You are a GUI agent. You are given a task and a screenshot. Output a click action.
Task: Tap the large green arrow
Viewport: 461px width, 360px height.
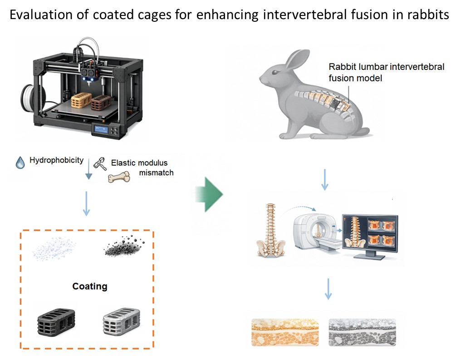click(x=209, y=194)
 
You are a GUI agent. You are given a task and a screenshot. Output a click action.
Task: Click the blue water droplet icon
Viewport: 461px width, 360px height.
click(x=20, y=163)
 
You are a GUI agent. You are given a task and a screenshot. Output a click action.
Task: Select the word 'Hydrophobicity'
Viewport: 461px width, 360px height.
click(x=56, y=160)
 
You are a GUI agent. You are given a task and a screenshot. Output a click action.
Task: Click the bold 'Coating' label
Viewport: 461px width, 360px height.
click(x=90, y=286)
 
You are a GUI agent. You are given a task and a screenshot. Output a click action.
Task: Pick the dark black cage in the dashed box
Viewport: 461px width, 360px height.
click(x=56, y=322)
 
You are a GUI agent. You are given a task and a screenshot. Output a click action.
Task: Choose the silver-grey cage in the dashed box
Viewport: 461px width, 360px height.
click(x=122, y=321)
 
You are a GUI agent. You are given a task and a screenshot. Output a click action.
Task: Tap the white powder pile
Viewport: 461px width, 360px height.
click(x=54, y=249)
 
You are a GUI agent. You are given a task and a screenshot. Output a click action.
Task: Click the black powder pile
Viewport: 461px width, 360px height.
click(x=123, y=246)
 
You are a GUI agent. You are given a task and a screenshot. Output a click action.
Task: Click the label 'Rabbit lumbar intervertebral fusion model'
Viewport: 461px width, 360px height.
click(x=386, y=72)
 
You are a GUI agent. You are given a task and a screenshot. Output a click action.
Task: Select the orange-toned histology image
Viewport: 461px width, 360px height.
click(x=285, y=332)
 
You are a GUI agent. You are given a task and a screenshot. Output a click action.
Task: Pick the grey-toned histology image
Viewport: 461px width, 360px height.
click(x=362, y=332)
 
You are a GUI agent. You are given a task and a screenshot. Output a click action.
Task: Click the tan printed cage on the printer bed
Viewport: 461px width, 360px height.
click(x=81, y=100)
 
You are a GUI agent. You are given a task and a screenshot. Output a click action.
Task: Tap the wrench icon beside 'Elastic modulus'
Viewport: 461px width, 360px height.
click(x=100, y=164)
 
